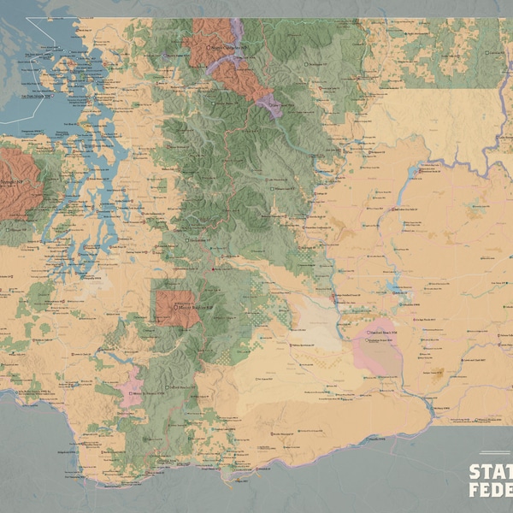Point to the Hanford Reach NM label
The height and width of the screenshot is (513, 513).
click(383, 332)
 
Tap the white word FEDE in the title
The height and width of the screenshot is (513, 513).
click(490, 491)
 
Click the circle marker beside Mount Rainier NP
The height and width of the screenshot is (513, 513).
click(174, 306)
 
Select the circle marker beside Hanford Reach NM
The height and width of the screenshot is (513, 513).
click(368, 332)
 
